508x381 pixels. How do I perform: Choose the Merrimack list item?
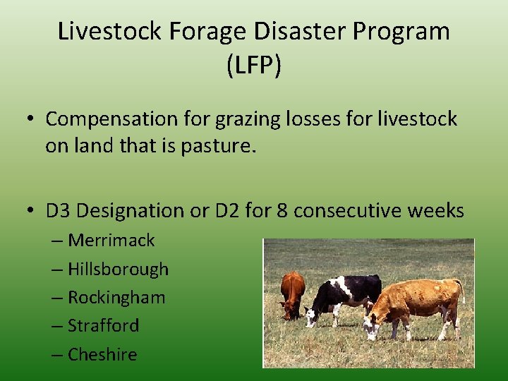(111, 241)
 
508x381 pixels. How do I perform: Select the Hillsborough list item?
(118, 269)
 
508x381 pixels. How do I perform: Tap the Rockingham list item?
(116, 298)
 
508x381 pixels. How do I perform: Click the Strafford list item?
(104, 326)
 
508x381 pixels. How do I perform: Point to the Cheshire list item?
(102, 354)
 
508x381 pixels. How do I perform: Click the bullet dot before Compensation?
(31, 120)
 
